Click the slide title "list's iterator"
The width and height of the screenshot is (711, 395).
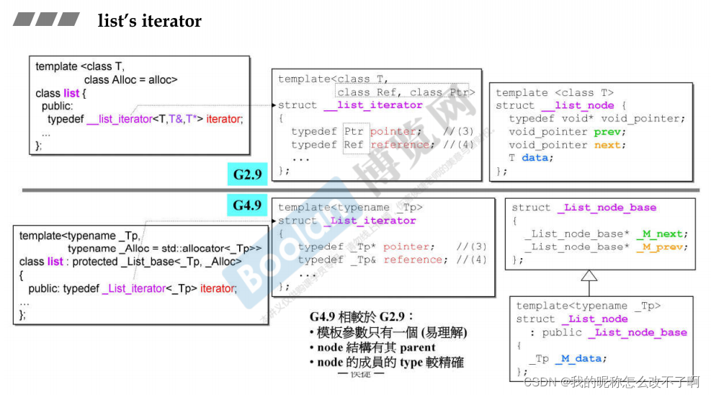click(x=150, y=21)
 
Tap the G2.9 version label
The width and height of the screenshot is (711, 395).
click(x=247, y=174)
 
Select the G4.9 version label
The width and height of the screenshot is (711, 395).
click(x=247, y=205)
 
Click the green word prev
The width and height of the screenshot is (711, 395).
click(x=607, y=132)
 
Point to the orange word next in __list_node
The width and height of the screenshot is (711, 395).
click(x=607, y=145)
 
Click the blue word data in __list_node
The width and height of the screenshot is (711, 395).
click(x=535, y=158)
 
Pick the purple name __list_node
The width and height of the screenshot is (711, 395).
click(x=584, y=105)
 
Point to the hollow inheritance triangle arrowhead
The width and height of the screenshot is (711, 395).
click(x=589, y=276)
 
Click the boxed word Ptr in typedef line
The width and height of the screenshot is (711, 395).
click(x=354, y=131)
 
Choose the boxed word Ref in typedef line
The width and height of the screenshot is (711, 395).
click(x=354, y=144)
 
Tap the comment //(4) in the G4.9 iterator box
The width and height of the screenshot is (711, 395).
click(x=472, y=259)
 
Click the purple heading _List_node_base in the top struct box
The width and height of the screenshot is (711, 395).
click(x=607, y=208)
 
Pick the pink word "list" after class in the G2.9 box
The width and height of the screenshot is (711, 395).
click(x=71, y=93)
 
